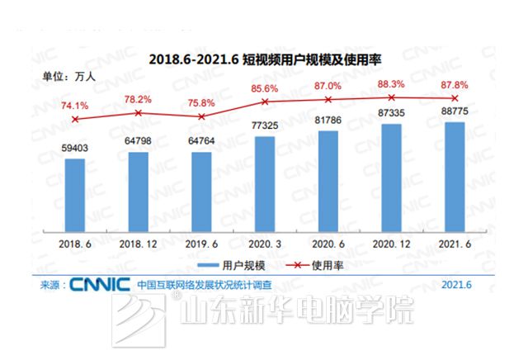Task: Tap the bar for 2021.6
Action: click(455, 178)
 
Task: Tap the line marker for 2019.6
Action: click(202, 116)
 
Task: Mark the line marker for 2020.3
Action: click(265, 102)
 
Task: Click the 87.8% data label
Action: click(455, 84)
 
